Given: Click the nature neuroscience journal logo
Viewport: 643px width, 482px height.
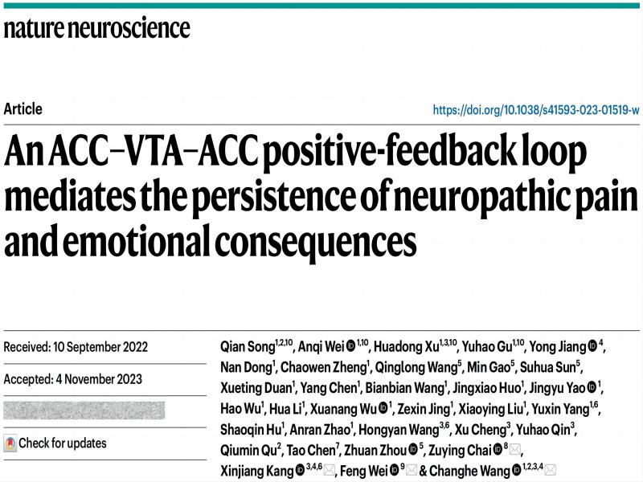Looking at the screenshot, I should (x=97, y=30).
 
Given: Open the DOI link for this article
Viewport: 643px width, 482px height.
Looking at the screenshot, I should (x=535, y=109).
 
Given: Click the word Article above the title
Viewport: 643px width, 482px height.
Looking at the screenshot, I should (x=23, y=109).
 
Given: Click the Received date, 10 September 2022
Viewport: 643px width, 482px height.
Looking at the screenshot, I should (x=76, y=347).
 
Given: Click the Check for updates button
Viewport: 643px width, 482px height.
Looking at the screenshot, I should (x=55, y=443).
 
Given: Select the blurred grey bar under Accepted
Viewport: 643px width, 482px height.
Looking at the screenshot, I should (x=84, y=411).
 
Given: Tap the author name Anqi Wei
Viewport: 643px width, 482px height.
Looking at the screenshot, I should (x=321, y=347).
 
